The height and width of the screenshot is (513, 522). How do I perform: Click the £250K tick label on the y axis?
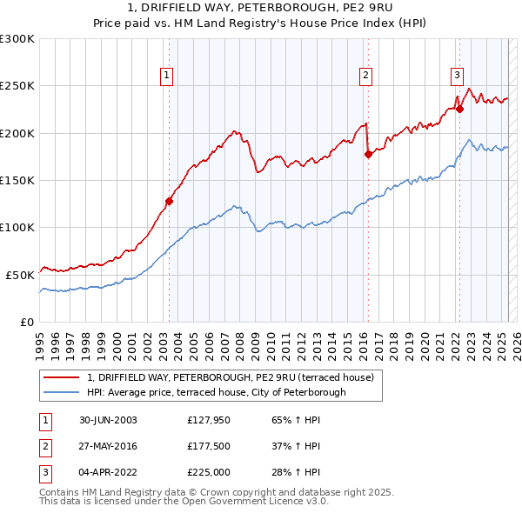[x=17, y=86]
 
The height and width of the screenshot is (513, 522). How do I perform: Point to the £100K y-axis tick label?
[x=17, y=227]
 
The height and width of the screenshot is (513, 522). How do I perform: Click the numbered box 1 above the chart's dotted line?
[x=166, y=76]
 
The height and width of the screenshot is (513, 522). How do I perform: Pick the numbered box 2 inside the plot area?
[x=366, y=76]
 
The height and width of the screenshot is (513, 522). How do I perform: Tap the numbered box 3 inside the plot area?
[x=457, y=76]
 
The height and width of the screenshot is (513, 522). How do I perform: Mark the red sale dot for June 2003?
[x=170, y=201]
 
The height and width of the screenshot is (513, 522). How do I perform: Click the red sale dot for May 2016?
[x=368, y=154]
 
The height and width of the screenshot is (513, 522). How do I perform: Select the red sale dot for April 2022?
[x=459, y=109]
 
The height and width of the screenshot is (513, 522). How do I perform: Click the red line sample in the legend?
[x=62, y=377]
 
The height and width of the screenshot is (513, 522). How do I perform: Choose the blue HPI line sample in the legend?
[x=62, y=392]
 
